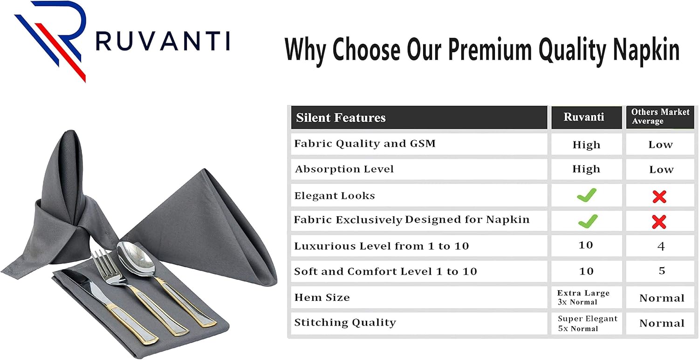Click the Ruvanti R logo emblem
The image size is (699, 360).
coord(51,40)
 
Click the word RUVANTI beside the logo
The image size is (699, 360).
coord(163,41)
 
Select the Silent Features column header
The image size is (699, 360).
coord(341,118)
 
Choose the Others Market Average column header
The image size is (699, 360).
coord(660,116)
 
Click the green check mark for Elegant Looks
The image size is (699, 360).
coord(586,196)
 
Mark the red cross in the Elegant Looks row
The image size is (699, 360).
coord(659,197)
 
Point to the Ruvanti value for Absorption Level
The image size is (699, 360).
coord(586,170)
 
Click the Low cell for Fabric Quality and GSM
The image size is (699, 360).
coord(660,145)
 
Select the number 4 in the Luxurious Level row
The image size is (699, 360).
coord(661,246)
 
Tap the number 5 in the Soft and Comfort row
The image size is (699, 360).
coord(662,271)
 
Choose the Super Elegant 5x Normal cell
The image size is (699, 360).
coord(587,323)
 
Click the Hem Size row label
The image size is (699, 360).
coord(322,298)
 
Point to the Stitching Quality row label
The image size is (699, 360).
coord(345,323)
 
